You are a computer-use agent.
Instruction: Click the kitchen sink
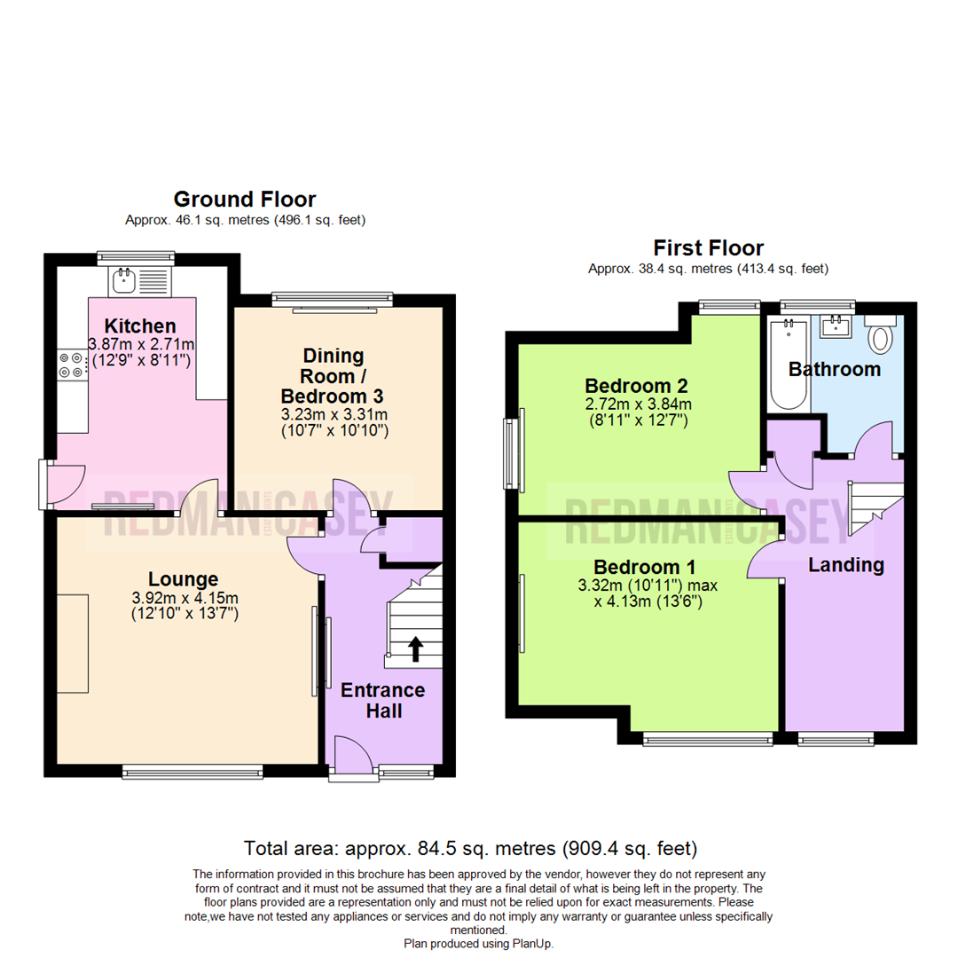click(x=123, y=282)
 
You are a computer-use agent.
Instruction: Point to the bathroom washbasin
click(x=836, y=327)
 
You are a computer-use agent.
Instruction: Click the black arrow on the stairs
click(x=414, y=649)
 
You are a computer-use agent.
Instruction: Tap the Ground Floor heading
click(x=244, y=199)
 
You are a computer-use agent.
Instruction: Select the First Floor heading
click(x=708, y=247)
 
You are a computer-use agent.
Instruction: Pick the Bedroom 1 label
click(x=645, y=567)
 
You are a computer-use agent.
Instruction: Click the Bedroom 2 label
click(x=636, y=386)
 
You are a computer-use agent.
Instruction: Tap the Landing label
click(x=846, y=565)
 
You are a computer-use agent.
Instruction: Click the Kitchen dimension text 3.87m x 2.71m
click(x=141, y=344)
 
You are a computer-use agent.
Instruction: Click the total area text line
click(x=470, y=847)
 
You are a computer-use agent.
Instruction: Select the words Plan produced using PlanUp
click(x=478, y=944)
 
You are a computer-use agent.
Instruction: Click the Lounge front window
click(x=193, y=772)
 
